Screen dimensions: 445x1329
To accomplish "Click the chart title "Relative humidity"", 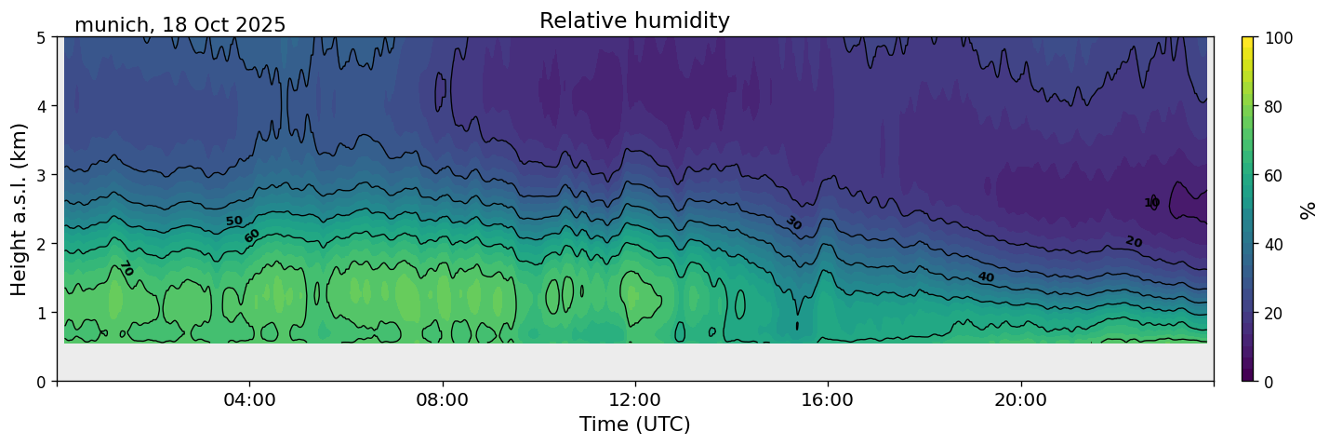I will (634, 21).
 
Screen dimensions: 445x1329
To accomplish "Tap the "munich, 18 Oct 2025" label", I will (179, 25).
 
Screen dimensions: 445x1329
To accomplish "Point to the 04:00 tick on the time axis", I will (250, 400).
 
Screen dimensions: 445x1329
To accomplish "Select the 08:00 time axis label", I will (443, 400).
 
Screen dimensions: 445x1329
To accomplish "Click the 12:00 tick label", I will (635, 400).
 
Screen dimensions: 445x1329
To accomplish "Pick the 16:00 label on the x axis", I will (828, 400).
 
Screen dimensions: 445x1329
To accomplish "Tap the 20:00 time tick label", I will (1021, 400).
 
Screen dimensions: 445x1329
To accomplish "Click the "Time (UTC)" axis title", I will (634, 425).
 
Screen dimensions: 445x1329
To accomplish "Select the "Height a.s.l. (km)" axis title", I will (20, 209).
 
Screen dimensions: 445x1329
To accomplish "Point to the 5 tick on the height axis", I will (43, 37).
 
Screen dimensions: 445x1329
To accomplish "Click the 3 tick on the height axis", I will (43, 175).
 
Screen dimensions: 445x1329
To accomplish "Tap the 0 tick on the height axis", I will (43, 382).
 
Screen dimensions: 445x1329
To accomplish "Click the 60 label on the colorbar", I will (1276, 175).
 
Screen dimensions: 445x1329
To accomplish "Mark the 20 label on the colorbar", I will (1276, 313).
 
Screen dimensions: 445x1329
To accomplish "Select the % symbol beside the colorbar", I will (1309, 209).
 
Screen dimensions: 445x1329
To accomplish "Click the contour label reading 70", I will (126, 268).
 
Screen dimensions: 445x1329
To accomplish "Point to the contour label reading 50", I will (233, 221).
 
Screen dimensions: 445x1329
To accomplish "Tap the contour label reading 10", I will (1151, 203).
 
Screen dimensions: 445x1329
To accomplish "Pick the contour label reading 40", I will (986, 277).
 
